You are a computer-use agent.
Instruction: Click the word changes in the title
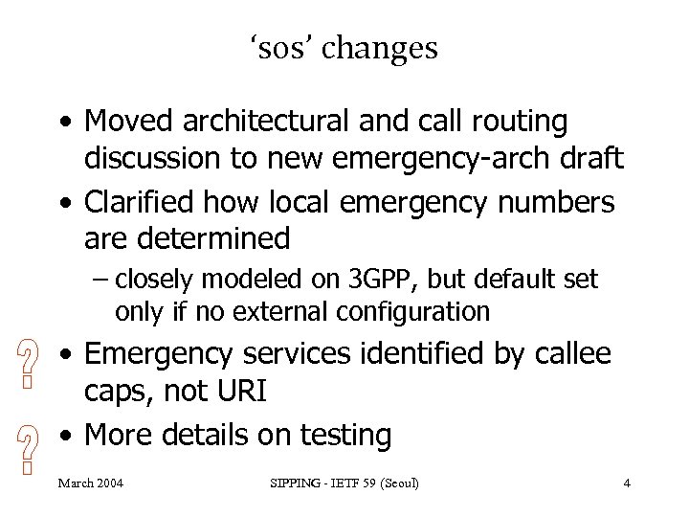[x=380, y=48]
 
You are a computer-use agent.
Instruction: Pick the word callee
[x=571, y=354]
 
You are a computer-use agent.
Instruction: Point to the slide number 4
[x=626, y=483]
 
